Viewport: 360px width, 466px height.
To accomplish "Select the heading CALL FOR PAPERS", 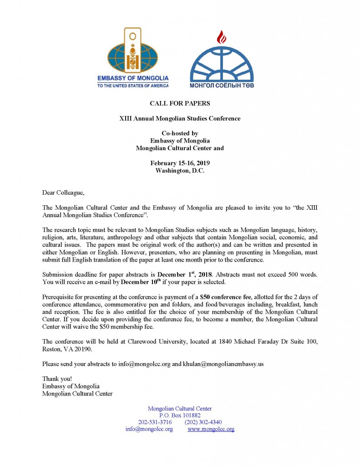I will point(180,104).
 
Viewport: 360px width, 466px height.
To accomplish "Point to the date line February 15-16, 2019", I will point(180,163).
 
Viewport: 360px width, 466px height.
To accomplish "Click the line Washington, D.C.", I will point(180,171).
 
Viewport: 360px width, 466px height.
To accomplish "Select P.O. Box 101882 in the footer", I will point(180,415).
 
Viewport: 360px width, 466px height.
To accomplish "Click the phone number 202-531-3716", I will point(155,422).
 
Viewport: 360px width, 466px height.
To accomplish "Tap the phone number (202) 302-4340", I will point(203,422).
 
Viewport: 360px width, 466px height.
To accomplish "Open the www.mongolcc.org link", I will point(211,429).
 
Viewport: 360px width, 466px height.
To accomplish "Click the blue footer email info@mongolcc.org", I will point(149,429).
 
